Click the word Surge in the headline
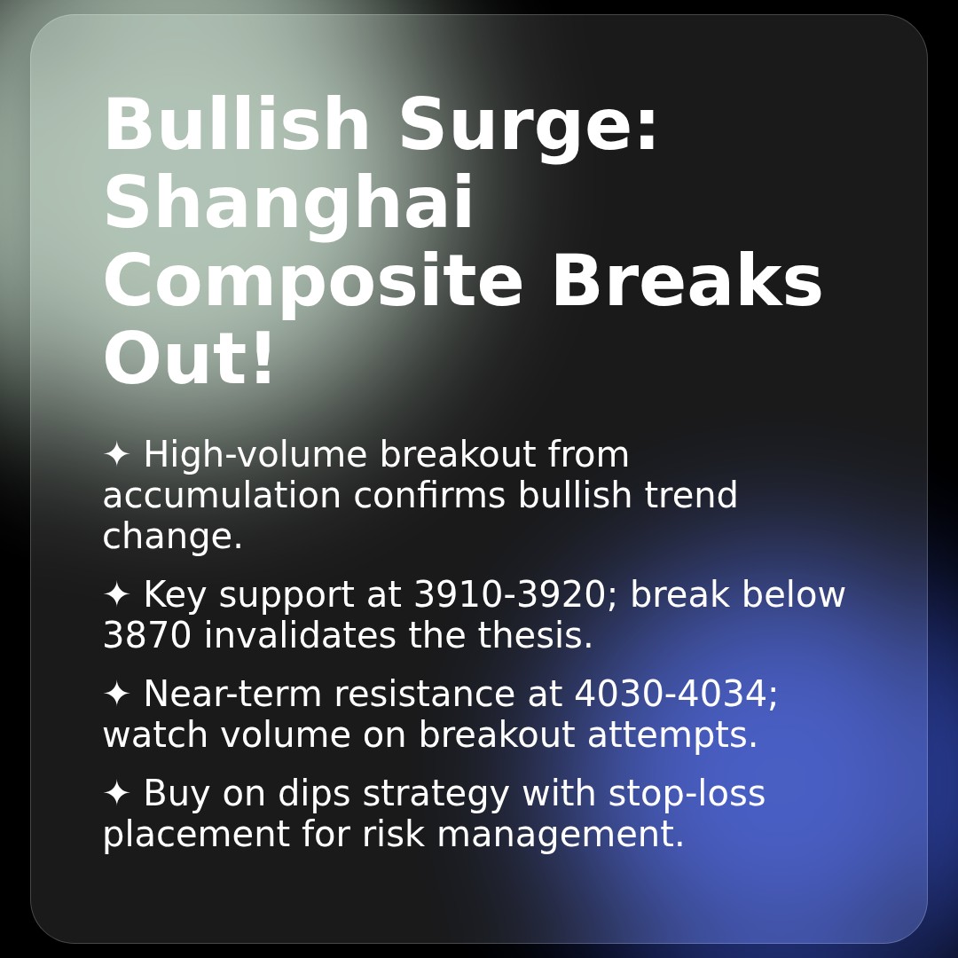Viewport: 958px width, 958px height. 529,126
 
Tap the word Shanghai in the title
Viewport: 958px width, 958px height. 289,204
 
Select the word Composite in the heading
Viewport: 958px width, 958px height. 313,282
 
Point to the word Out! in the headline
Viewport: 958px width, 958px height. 189,360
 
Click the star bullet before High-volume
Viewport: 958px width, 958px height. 117,454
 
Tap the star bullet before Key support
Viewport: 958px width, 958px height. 117,594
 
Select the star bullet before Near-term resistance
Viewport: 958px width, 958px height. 117,694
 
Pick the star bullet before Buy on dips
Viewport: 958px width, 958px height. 117,793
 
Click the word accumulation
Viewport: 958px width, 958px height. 222,495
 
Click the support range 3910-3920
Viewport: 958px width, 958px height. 509,594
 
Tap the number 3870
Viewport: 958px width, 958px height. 147,635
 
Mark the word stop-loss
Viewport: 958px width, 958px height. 687,793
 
